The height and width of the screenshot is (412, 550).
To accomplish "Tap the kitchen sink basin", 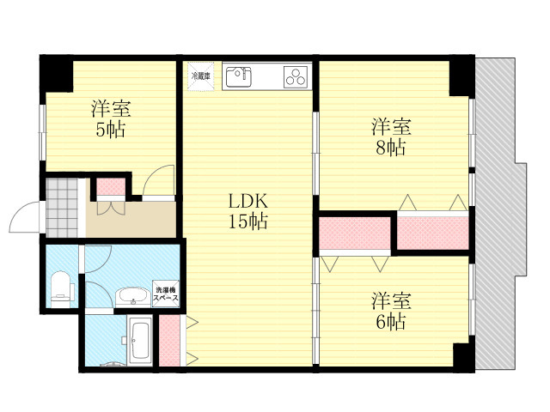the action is coord(239,77).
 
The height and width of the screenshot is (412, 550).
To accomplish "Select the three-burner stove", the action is coord(296,77).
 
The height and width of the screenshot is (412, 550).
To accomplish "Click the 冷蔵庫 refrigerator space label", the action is coord(200,76).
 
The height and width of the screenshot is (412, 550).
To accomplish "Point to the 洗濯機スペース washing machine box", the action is coord(166,294).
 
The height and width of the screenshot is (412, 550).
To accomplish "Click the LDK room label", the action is coord(248,202).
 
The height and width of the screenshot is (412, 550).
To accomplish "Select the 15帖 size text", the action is coord(248,221).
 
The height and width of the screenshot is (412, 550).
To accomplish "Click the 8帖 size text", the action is coord(391,148).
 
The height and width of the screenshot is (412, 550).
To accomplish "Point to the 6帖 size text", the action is coord(391,322).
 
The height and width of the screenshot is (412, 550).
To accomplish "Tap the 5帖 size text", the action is coord(111,130).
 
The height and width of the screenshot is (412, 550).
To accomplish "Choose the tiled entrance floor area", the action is coord(62,208).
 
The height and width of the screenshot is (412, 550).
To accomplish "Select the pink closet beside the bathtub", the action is coord(169,341).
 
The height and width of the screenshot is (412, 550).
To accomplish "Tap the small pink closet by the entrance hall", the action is coord(111,187).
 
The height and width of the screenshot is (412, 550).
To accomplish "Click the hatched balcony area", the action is coord(498,214).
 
